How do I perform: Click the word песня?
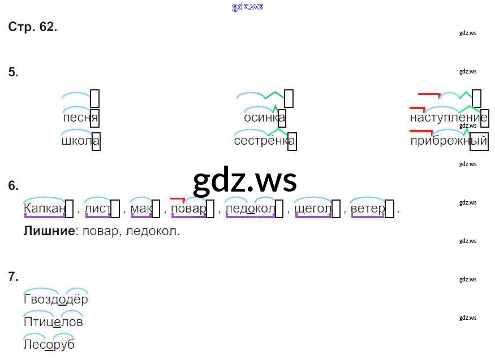[x=80, y=118]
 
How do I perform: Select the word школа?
[x=80, y=141]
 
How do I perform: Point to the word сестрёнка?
[x=264, y=141]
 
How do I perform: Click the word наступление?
[x=448, y=118]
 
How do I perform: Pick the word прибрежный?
[x=448, y=141]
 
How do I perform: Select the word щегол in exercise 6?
[x=313, y=209]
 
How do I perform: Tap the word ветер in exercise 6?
[x=368, y=209]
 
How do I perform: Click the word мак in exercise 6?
[x=141, y=209]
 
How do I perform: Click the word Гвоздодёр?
[x=56, y=300]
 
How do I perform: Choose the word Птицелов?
[x=53, y=322]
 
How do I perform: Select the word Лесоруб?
[x=49, y=344]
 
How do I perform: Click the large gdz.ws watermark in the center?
[x=244, y=180]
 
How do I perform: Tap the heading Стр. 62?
[x=33, y=27]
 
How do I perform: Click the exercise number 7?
[x=13, y=276]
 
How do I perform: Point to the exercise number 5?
[x=13, y=72]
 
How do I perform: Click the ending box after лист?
[x=115, y=209]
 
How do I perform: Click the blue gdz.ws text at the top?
[x=247, y=7]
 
